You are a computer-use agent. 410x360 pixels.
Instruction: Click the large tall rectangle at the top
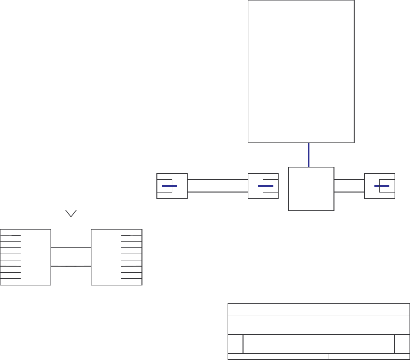point(301,71)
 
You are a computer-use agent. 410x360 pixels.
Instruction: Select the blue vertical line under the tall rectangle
point(308,154)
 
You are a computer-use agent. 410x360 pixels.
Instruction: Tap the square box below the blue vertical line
point(311,189)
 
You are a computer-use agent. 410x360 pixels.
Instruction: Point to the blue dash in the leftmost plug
point(169,185)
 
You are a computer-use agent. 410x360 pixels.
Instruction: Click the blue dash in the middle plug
point(266,185)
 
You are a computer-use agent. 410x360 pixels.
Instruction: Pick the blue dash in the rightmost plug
point(382,185)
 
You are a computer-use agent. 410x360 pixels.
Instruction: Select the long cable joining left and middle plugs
point(218,185)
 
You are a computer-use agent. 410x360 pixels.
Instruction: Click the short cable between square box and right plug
point(349,185)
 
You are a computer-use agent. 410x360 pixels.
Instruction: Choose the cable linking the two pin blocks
point(71,257)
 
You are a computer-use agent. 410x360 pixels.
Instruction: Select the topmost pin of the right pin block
point(131,235)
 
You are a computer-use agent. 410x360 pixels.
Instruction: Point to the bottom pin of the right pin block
point(131,279)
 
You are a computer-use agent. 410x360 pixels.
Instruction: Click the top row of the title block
point(319,309)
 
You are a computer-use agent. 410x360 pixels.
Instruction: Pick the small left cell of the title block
point(235,344)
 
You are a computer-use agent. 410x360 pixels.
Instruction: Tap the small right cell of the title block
point(402,344)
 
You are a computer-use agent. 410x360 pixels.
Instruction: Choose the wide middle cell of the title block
point(319,344)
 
